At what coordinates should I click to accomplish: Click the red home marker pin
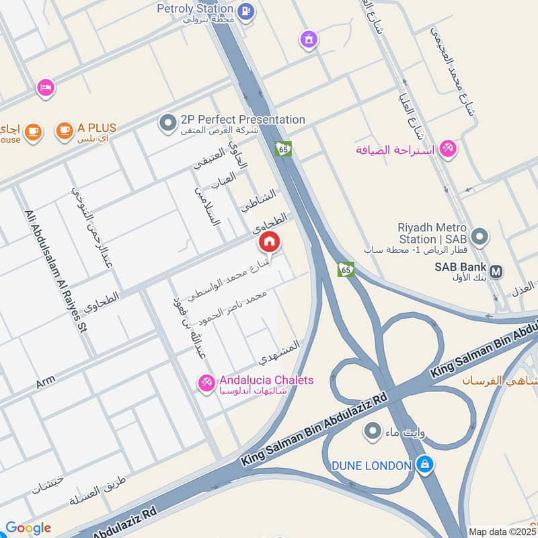pyautogui.click(x=270, y=241)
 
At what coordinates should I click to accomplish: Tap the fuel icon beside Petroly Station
pyautogui.click(x=247, y=10)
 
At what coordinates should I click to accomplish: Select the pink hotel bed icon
pyautogui.click(x=46, y=87)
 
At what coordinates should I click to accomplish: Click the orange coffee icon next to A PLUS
pyautogui.click(x=64, y=130)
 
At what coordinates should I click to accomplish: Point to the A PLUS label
pyautogui.click(x=97, y=128)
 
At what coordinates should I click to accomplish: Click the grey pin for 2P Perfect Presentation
pyautogui.click(x=167, y=122)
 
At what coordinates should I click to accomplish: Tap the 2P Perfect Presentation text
pyautogui.click(x=243, y=120)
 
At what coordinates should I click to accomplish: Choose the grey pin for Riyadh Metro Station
pyautogui.click(x=479, y=236)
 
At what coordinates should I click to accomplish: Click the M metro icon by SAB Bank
pyautogui.click(x=496, y=271)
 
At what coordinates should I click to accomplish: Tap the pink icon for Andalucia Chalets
pyautogui.click(x=206, y=383)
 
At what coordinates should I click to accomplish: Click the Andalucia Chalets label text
pyautogui.click(x=266, y=381)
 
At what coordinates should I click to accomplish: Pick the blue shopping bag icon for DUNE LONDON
pyautogui.click(x=424, y=463)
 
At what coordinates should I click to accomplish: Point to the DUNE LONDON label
pyautogui.click(x=371, y=465)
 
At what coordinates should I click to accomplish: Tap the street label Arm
pyautogui.click(x=46, y=382)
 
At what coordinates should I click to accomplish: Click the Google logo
pyautogui.click(x=28, y=528)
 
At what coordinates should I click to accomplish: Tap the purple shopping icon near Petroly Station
pyautogui.click(x=309, y=40)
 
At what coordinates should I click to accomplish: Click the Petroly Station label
pyautogui.click(x=196, y=9)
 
